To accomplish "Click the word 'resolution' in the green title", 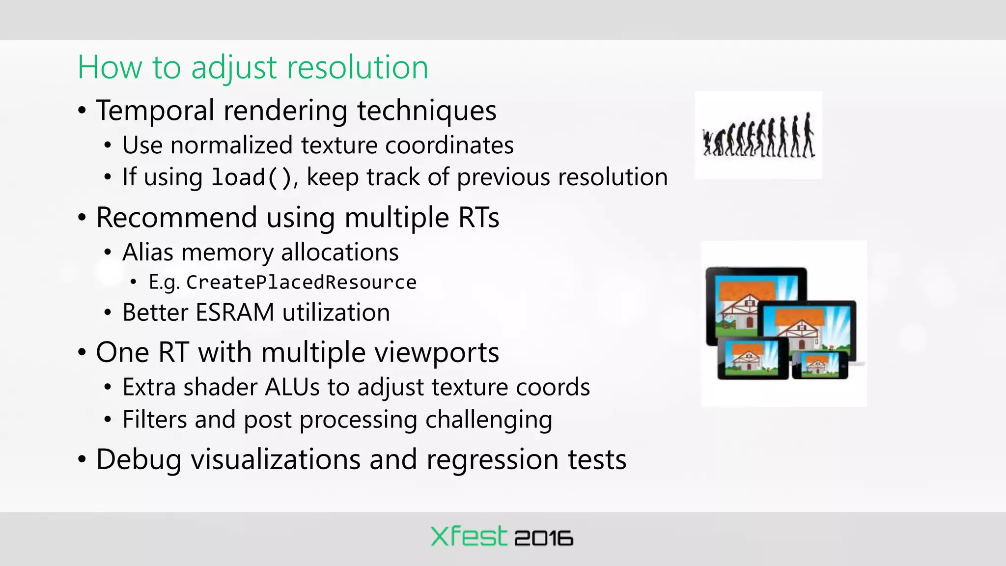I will click(357, 67).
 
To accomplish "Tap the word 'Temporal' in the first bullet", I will click(155, 110).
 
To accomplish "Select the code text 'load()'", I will click(252, 177).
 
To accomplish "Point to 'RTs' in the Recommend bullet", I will click(478, 218).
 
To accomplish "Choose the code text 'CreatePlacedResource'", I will click(301, 283).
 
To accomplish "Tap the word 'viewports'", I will click(430, 353).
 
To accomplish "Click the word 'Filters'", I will click(155, 420).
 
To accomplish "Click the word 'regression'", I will click(492, 460).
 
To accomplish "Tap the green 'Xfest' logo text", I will click(468, 536).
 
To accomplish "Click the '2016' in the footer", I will click(543, 538).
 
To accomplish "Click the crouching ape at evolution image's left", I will click(708, 142).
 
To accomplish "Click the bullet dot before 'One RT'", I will click(82, 353).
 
